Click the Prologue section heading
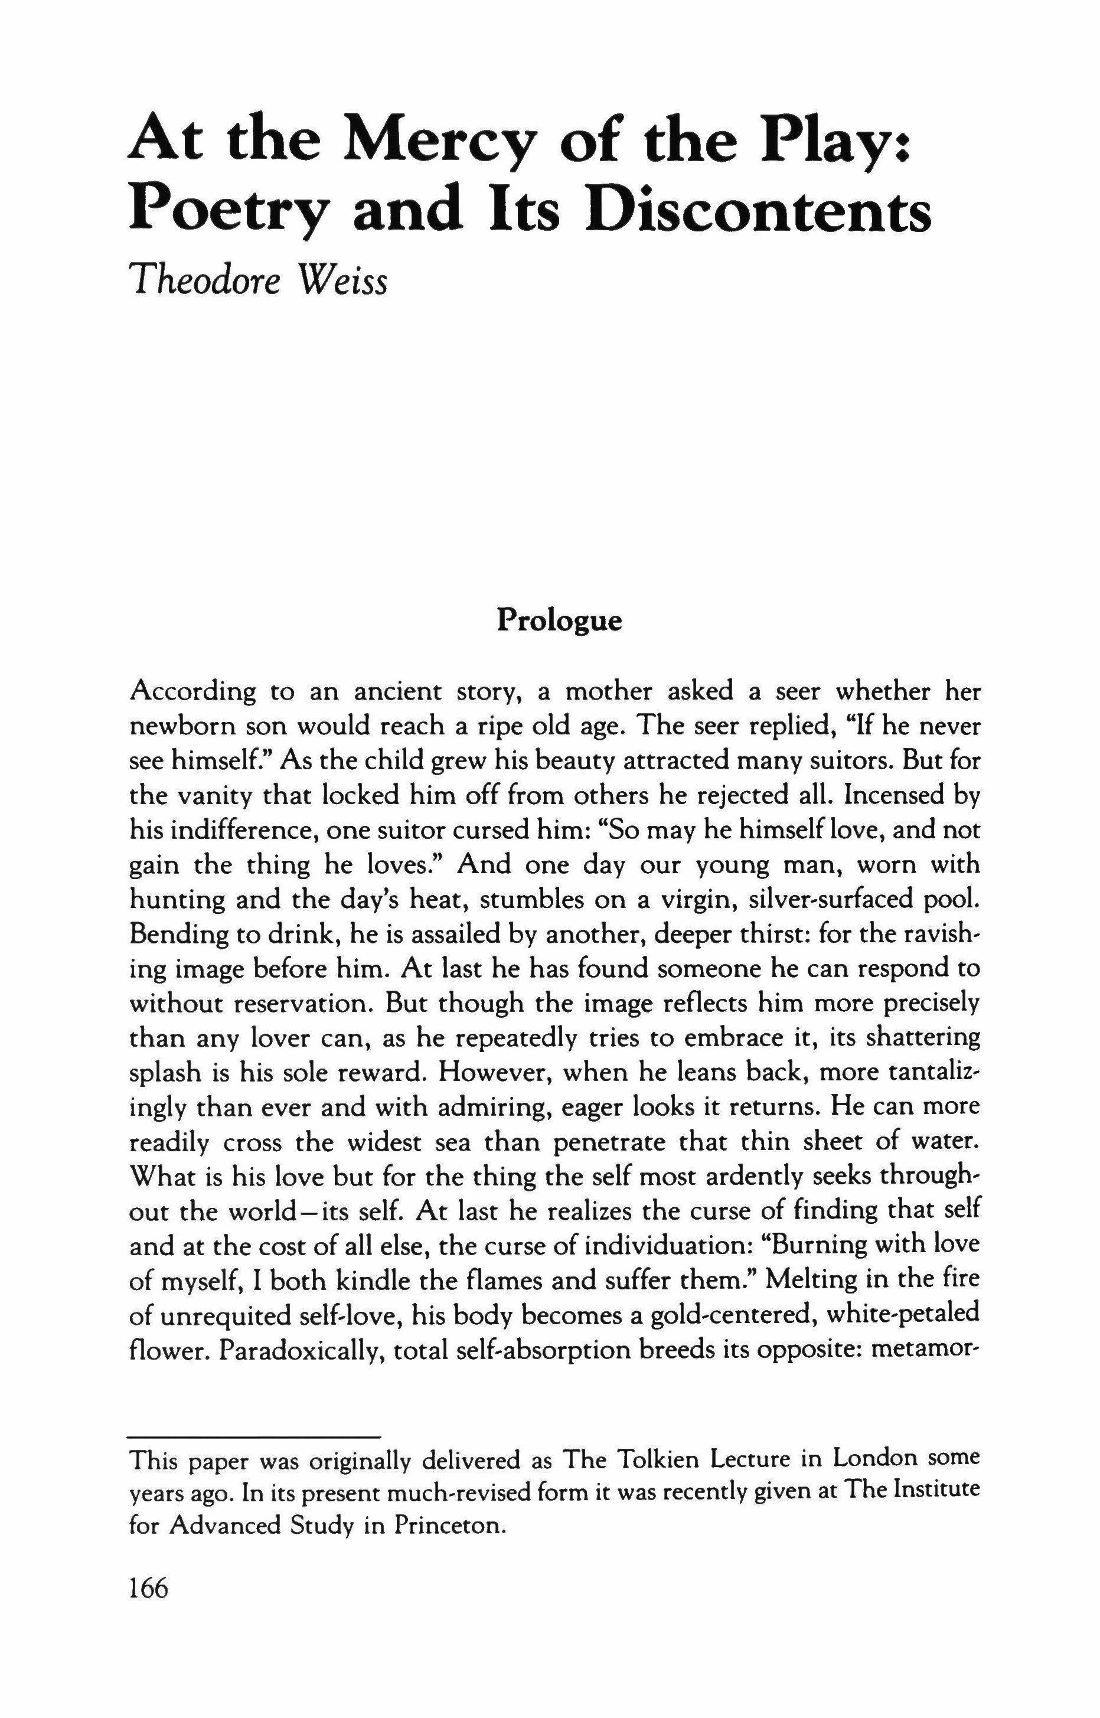click(559, 620)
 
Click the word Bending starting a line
click(172, 935)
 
